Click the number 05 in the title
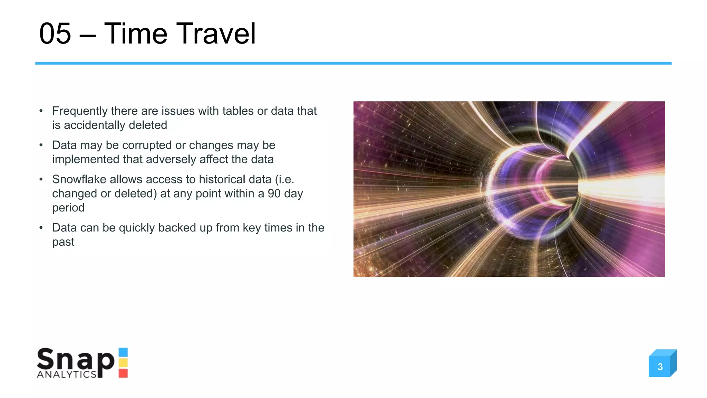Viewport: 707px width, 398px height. coord(55,34)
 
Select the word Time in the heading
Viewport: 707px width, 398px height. coord(135,34)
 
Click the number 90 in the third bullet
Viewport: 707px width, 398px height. coord(274,193)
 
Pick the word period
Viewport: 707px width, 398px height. coord(68,208)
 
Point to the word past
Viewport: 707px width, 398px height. coord(63,242)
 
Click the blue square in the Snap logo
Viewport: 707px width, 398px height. coord(123,352)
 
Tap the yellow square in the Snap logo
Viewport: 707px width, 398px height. coord(123,363)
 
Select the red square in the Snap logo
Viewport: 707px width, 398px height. coord(123,373)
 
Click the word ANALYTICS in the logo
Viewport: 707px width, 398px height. coord(66,375)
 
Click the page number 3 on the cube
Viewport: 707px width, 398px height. coord(660,367)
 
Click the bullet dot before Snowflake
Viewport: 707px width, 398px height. coord(41,179)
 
